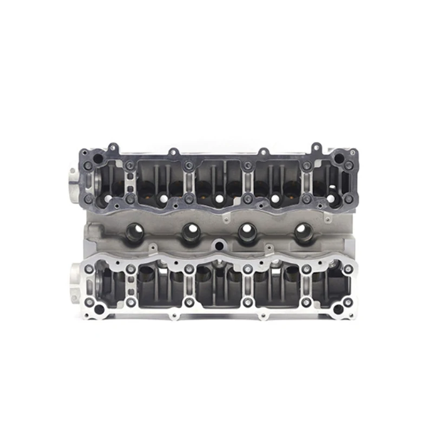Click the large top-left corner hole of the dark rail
tap(98, 159)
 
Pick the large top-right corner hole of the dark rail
tap(338, 159)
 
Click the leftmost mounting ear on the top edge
tap(113, 147)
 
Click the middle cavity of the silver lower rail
tap(218, 286)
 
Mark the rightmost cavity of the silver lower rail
tap(329, 286)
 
